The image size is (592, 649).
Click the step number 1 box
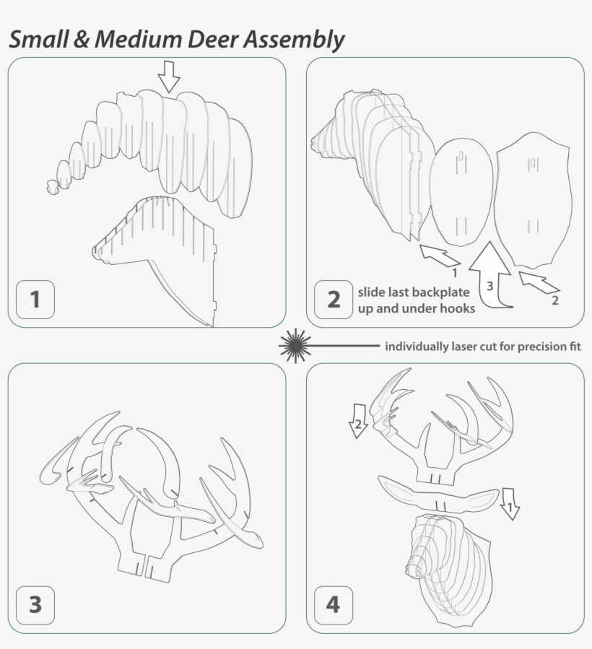click(x=35, y=299)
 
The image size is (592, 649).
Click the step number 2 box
click(x=334, y=299)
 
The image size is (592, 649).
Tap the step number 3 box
click(x=35, y=604)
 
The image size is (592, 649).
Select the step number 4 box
click(x=333, y=604)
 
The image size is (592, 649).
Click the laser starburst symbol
click(x=294, y=345)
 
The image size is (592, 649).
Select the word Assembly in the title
click(x=294, y=40)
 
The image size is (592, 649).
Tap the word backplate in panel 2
click(x=440, y=293)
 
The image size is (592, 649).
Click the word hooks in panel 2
click(x=458, y=309)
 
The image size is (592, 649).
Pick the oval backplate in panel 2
click(x=462, y=191)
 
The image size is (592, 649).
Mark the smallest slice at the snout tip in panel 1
click(x=51, y=188)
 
